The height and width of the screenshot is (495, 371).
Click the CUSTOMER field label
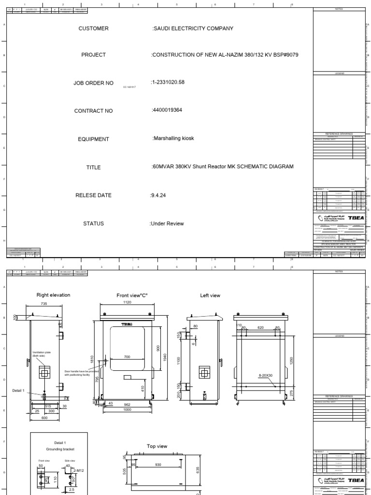point(93,29)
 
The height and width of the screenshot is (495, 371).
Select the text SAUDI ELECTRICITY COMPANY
point(193,29)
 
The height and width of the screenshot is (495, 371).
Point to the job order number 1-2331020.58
point(168,82)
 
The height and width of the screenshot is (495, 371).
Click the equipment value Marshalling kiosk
point(173,139)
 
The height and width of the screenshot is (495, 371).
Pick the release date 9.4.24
point(158,195)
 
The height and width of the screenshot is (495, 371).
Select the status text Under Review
point(167,224)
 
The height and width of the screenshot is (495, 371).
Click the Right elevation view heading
point(53,294)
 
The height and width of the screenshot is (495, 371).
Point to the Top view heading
point(157,446)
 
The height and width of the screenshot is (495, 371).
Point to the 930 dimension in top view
point(158,465)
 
